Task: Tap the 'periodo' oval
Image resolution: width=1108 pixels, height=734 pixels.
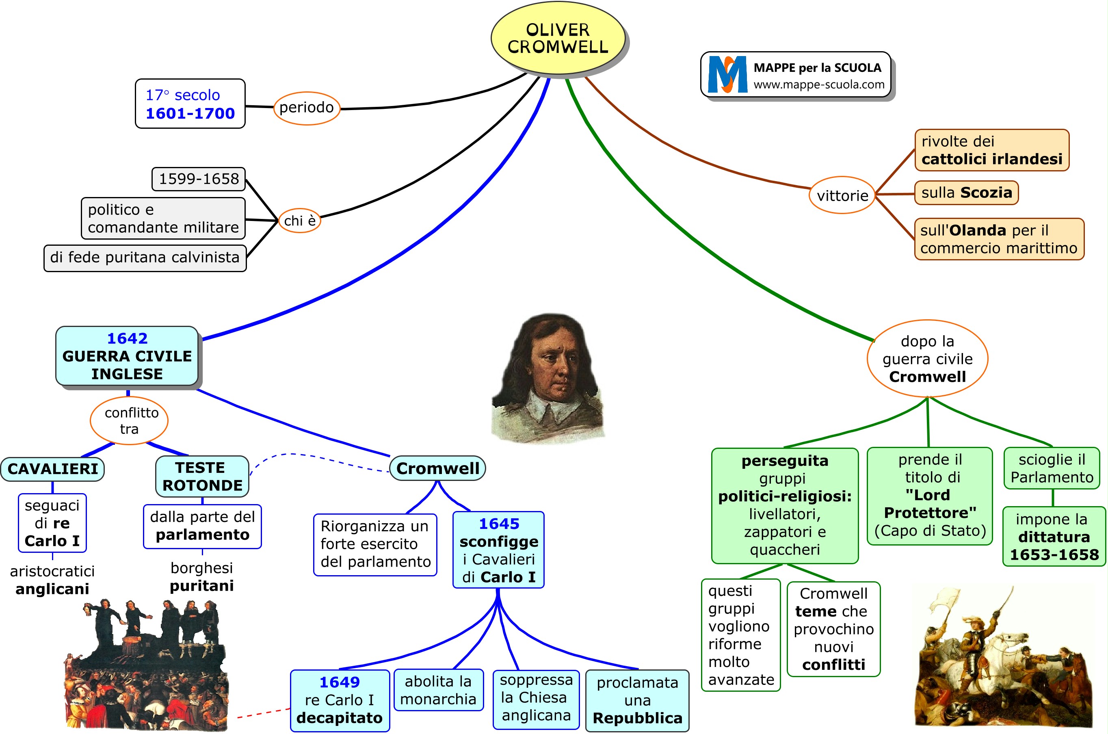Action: point(307,108)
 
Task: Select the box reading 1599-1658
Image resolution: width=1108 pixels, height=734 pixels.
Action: point(199,179)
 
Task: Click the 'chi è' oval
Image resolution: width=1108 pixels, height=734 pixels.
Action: point(300,221)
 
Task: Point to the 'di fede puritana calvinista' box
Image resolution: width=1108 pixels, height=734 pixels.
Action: point(145,258)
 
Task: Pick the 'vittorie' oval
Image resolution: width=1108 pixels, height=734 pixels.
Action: point(842,195)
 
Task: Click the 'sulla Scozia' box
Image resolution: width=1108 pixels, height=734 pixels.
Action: point(966,193)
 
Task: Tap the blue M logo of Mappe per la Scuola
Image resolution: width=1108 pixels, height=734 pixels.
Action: point(727,74)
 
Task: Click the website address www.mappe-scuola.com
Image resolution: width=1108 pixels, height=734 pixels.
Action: point(819,85)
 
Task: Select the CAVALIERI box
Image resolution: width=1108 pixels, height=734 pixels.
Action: point(52,469)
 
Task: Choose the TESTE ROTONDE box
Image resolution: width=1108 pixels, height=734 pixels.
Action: point(202,476)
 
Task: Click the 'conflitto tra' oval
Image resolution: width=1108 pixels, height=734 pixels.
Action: point(129,420)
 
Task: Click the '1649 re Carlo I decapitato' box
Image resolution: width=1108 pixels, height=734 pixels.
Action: point(340,700)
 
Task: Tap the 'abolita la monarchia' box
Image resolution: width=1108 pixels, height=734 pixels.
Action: point(438,690)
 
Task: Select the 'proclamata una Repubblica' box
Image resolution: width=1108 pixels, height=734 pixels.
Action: point(637,700)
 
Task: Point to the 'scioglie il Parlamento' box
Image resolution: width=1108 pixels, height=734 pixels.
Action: point(1052,468)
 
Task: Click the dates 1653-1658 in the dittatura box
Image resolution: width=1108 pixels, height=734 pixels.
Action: point(1054,555)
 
